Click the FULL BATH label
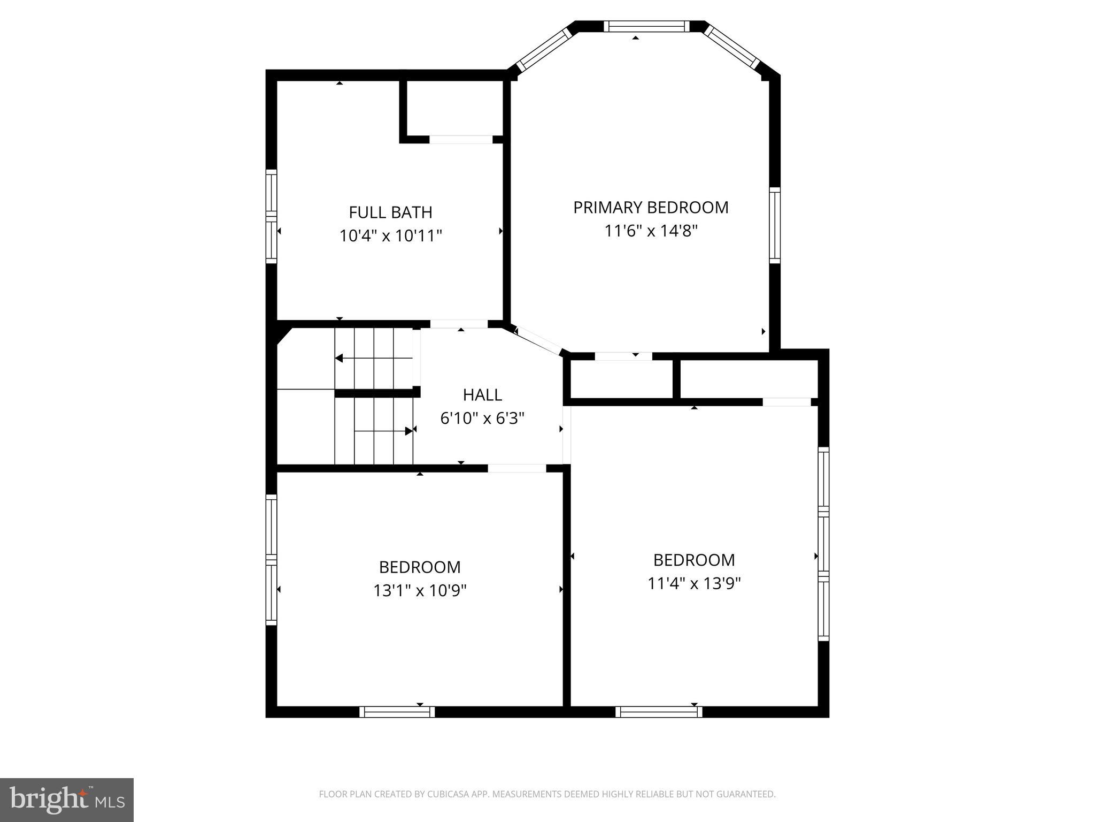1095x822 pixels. click(390, 212)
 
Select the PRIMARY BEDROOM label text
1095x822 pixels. click(651, 208)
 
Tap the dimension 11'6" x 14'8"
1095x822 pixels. click(651, 231)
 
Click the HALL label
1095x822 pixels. click(482, 395)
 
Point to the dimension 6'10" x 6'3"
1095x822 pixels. click(482, 418)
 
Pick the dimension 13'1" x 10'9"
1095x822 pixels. click(420, 591)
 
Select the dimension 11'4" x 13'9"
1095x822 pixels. click(694, 583)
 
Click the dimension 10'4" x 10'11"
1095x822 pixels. click(390, 236)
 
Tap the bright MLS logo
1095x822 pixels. click(67, 800)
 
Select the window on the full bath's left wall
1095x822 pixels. click(272, 216)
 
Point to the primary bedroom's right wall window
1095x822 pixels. click(775, 225)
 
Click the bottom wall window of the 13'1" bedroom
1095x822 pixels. click(397, 712)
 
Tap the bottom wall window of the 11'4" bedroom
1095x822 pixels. click(659, 712)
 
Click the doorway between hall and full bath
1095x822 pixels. click(459, 324)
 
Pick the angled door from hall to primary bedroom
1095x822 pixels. click(538, 340)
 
